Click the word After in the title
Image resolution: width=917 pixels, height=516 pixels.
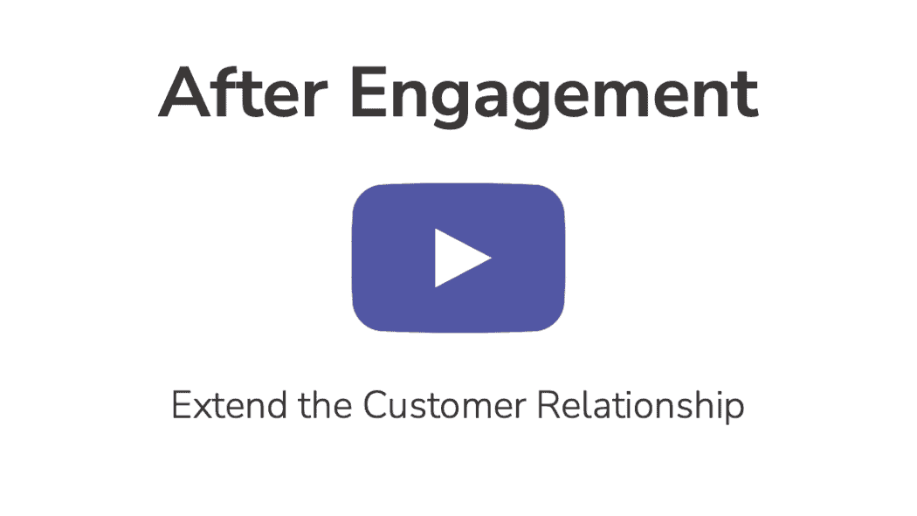pos(243,93)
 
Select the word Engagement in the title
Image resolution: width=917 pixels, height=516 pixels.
pos(555,96)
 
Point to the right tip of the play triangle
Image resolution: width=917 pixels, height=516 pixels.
pos(491,258)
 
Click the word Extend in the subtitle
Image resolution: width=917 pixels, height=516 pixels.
pos(229,405)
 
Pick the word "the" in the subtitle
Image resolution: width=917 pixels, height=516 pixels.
pos(326,404)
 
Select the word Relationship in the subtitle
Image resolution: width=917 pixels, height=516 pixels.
pos(640,406)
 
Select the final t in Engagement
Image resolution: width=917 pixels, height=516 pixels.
pos(747,94)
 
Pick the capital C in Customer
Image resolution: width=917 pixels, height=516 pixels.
pos(378,405)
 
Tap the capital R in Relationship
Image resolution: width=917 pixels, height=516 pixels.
pos(548,405)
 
